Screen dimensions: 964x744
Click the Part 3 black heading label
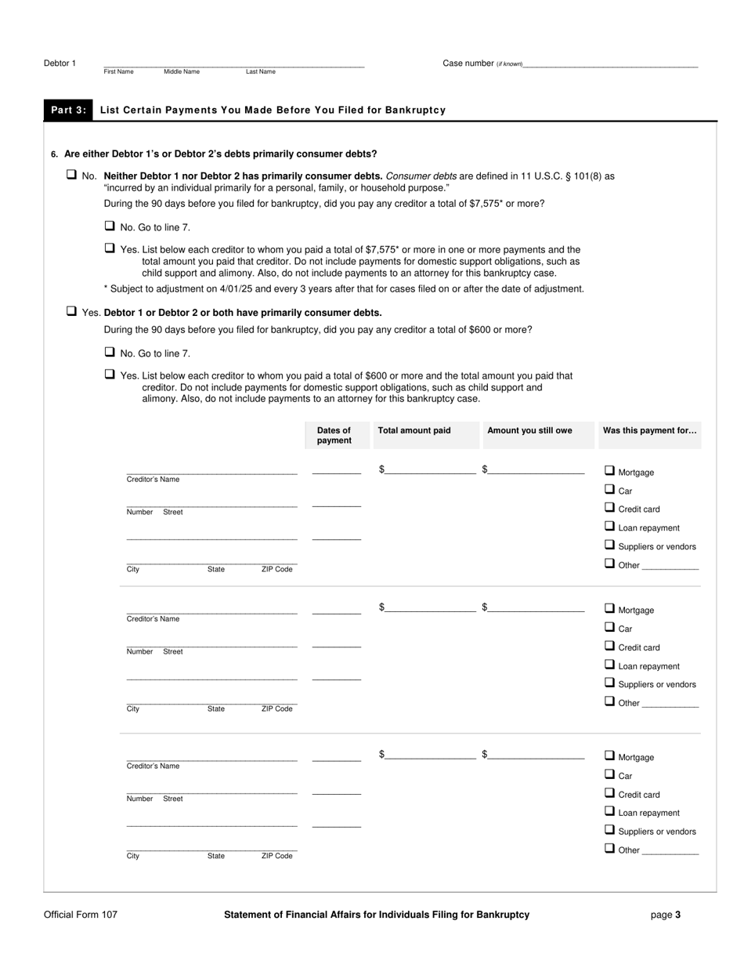pos(68,111)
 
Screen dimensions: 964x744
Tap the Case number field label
pos(468,63)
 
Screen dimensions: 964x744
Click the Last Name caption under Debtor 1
pos(260,72)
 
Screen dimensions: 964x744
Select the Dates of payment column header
pos(334,436)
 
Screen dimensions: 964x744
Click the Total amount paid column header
pos(414,430)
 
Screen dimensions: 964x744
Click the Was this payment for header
pos(649,430)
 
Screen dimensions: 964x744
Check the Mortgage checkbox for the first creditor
pos(609,471)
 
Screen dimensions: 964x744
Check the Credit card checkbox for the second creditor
pos(609,646)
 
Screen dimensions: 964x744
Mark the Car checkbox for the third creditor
pos(609,774)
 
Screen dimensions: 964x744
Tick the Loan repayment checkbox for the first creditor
pos(609,527)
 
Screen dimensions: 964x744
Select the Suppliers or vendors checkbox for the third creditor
pos(609,830)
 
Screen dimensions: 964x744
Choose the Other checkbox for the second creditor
pos(609,701)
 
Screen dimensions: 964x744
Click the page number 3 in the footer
pos(677,915)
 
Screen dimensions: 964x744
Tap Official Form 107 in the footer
pos(81,915)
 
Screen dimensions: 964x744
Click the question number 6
pos(54,154)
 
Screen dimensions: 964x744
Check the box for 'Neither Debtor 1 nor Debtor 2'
pos(71,175)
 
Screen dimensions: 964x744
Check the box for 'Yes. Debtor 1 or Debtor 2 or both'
pos(71,311)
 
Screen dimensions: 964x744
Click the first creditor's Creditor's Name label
pos(153,480)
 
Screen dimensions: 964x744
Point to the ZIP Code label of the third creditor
pos(276,857)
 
